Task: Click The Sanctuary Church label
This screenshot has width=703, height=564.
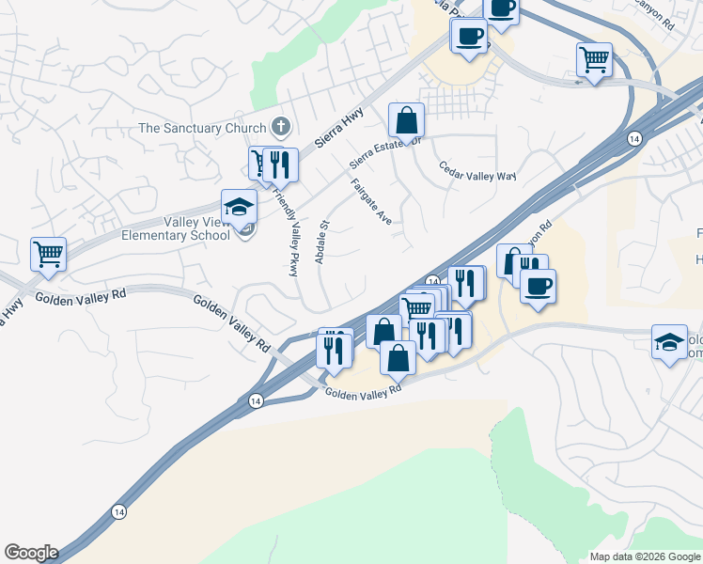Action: (202, 128)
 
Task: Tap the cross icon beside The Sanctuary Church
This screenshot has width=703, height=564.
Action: (279, 127)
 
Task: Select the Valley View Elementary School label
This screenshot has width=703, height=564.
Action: (175, 228)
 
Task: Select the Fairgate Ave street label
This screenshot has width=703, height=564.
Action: (370, 201)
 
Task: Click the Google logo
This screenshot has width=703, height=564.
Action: (31, 553)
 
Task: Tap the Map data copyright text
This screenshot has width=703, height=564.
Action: (645, 556)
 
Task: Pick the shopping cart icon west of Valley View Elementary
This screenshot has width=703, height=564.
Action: (48, 254)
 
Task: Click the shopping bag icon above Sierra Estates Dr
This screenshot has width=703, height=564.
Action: (406, 120)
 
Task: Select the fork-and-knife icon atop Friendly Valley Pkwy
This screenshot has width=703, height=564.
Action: (279, 164)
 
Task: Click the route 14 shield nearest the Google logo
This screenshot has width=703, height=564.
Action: (117, 512)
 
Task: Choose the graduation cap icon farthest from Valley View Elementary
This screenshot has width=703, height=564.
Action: (669, 342)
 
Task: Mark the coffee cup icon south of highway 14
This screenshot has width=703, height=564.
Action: (538, 287)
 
